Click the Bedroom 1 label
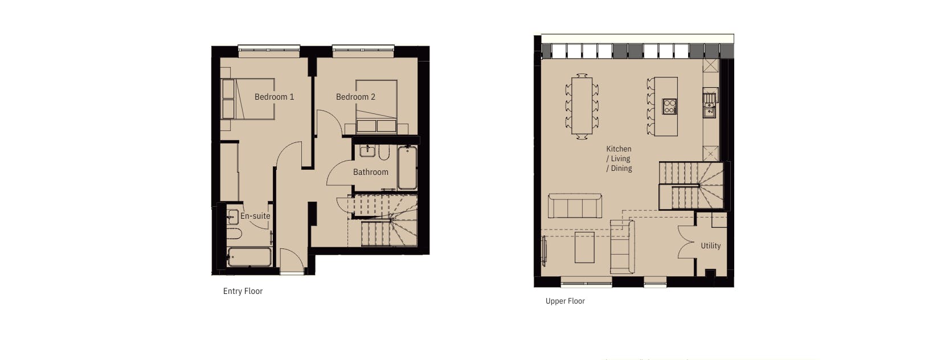[x=274, y=97]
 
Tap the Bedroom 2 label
[x=355, y=97]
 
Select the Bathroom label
[x=370, y=171]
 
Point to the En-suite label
[x=255, y=216]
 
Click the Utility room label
[x=710, y=246]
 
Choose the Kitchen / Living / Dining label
[x=619, y=158]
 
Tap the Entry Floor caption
[x=243, y=291]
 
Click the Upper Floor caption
[x=565, y=301]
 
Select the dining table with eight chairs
[x=582, y=106]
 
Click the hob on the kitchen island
[x=670, y=107]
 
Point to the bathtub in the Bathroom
[x=407, y=168]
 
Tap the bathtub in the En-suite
[x=249, y=257]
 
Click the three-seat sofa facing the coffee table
[x=575, y=206]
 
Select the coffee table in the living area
[x=584, y=247]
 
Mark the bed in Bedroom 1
[x=247, y=99]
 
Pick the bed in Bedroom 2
[x=377, y=107]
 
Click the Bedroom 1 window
[x=269, y=51]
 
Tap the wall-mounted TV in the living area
[x=543, y=251]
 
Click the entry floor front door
[x=292, y=261]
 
